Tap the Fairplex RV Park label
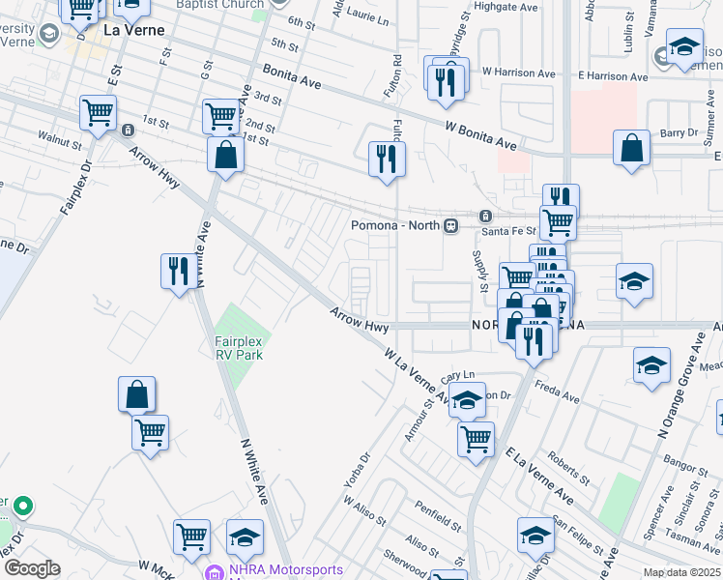(x=239, y=348)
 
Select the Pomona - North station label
(x=395, y=225)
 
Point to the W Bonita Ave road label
(x=480, y=134)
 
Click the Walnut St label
(x=59, y=141)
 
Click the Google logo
(x=32, y=567)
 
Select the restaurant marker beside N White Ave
(x=178, y=271)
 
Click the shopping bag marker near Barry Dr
(x=631, y=149)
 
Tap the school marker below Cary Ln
(x=467, y=400)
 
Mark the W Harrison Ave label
(x=519, y=72)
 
